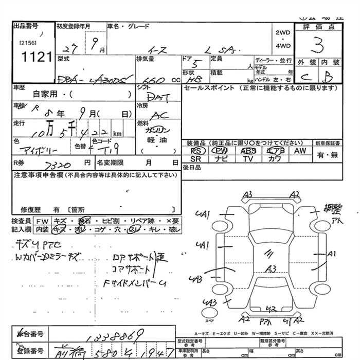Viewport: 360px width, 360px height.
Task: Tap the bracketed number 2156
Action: click(x=26, y=43)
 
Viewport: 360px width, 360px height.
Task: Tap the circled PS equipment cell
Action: click(x=196, y=151)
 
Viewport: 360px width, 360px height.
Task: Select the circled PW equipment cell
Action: click(x=221, y=151)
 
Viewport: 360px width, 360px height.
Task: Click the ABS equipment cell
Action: click(x=248, y=151)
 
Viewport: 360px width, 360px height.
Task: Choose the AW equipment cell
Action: click(x=300, y=151)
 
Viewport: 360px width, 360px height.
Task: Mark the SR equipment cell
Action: click(x=196, y=159)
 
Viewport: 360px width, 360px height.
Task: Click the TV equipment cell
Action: click(x=248, y=159)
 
